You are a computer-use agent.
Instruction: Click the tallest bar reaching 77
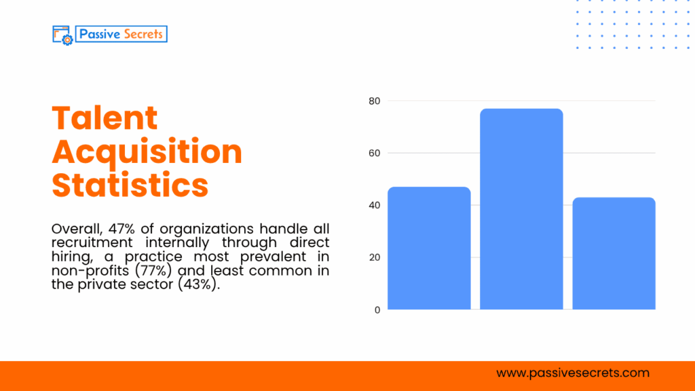521,209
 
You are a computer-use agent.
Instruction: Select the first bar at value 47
429,248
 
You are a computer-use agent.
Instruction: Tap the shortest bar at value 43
614,254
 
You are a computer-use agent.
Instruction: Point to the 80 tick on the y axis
375,101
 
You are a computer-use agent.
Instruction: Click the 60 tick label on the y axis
375,153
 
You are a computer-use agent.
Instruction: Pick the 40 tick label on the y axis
375,205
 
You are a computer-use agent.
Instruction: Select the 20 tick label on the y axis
375,257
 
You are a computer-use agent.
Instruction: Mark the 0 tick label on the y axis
377,310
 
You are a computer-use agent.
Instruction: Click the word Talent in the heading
105,118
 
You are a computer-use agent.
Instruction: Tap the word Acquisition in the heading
147,151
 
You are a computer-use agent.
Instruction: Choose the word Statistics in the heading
130,185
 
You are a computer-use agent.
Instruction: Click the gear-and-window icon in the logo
62,35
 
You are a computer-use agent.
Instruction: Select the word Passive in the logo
99,33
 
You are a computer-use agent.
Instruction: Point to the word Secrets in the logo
143,33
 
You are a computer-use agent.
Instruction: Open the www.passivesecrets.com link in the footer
573,373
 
